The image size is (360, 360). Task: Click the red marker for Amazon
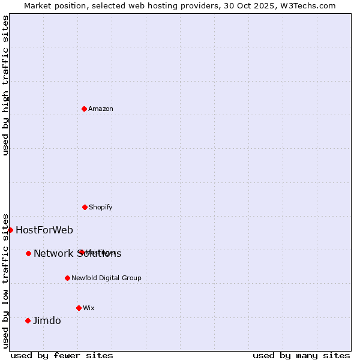(x=84, y=109)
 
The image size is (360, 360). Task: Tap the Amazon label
(x=101, y=109)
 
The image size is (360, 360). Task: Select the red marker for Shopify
(x=85, y=207)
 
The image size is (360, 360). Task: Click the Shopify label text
(x=100, y=208)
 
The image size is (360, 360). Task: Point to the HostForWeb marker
(x=10, y=230)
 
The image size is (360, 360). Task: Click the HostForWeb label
(x=44, y=230)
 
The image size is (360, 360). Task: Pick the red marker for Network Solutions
(x=28, y=253)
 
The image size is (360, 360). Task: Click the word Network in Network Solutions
(x=54, y=254)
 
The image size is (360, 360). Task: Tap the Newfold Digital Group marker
(x=67, y=278)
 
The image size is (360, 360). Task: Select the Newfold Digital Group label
(x=106, y=278)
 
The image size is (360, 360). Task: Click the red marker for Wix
(x=79, y=308)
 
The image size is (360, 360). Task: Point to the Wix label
(x=89, y=308)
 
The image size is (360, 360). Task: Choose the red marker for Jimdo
(x=28, y=320)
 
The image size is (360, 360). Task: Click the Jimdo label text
(x=47, y=321)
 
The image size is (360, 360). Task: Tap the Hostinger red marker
(x=80, y=252)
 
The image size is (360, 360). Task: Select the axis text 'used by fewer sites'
(x=62, y=355)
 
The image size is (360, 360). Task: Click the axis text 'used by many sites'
(x=301, y=355)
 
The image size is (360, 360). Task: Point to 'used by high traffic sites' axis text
(x=5, y=85)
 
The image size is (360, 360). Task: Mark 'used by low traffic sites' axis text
(x=5, y=281)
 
